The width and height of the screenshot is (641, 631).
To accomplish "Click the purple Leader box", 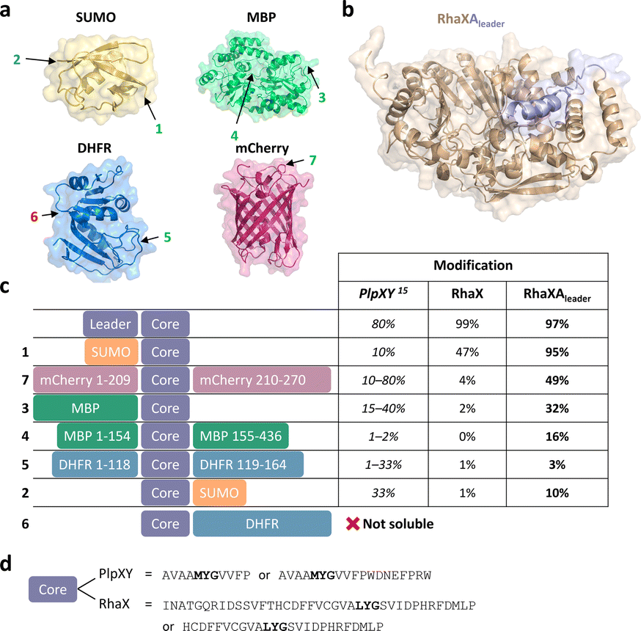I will click(111, 324).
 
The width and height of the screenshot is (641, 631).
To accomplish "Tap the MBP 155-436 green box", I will click(241, 437).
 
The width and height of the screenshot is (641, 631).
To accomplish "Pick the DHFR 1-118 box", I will click(95, 464).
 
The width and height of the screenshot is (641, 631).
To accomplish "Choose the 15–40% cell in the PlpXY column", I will click(385, 408).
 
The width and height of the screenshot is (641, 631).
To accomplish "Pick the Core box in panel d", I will click(53, 589).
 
